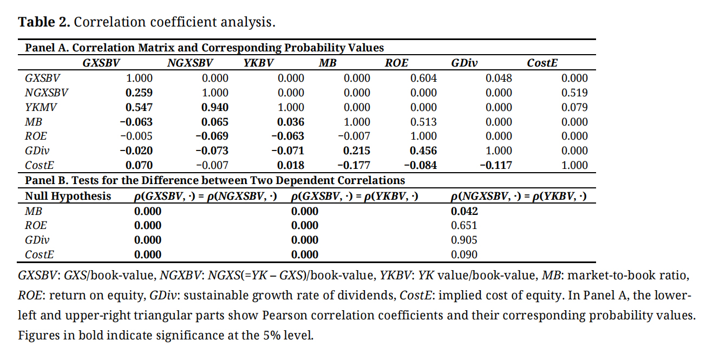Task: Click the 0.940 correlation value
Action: [215, 107]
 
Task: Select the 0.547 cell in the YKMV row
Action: [139, 107]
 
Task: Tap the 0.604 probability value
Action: [423, 78]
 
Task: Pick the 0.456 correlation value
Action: [423, 150]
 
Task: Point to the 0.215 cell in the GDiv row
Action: [357, 150]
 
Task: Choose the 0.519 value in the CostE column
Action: [574, 93]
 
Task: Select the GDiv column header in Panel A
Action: [465, 63]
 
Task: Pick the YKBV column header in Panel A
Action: [258, 63]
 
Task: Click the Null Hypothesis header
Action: [68, 196]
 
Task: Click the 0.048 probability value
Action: [499, 78]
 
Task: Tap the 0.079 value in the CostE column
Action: [574, 107]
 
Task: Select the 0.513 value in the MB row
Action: [423, 122]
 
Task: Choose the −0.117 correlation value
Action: [496, 165]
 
